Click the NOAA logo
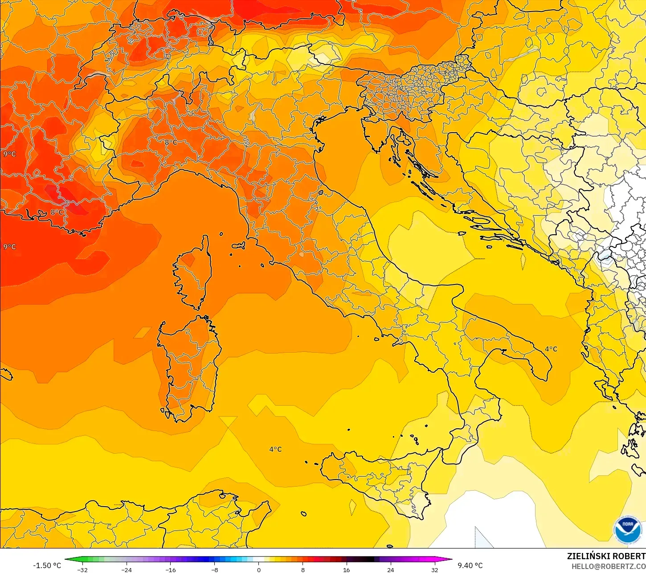(627, 530)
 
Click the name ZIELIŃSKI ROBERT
(606, 556)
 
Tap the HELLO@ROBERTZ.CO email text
(609, 566)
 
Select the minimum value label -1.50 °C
(47, 565)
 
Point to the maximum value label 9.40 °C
(470, 565)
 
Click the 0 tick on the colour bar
(258, 570)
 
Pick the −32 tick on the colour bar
(82, 570)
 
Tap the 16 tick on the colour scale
(346, 570)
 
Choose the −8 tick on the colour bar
(214, 570)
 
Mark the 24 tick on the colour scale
(390, 570)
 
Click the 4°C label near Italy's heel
(551, 349)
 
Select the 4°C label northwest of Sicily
(275, 449)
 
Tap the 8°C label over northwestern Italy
(171, 142)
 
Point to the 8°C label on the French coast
(57, 212)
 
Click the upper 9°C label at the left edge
(9, 154)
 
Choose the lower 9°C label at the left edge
(9, 247)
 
